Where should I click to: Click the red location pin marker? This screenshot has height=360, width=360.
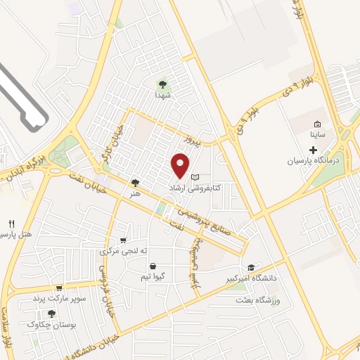point(181,165)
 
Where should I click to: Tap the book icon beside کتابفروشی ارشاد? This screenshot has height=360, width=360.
point(196,177)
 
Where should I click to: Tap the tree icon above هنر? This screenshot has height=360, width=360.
point(134,182)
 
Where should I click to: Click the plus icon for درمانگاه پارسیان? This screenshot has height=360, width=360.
point(314,150)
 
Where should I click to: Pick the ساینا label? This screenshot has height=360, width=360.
point(318,134)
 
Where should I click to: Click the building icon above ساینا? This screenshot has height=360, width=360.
point(318,124)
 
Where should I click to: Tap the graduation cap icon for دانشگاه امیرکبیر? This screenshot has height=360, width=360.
point(251,267)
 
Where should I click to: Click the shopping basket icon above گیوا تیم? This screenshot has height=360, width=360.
point(153,266)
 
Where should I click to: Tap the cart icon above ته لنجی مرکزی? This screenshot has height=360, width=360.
point(124,240)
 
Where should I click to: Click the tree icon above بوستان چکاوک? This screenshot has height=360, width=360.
point(49,313)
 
